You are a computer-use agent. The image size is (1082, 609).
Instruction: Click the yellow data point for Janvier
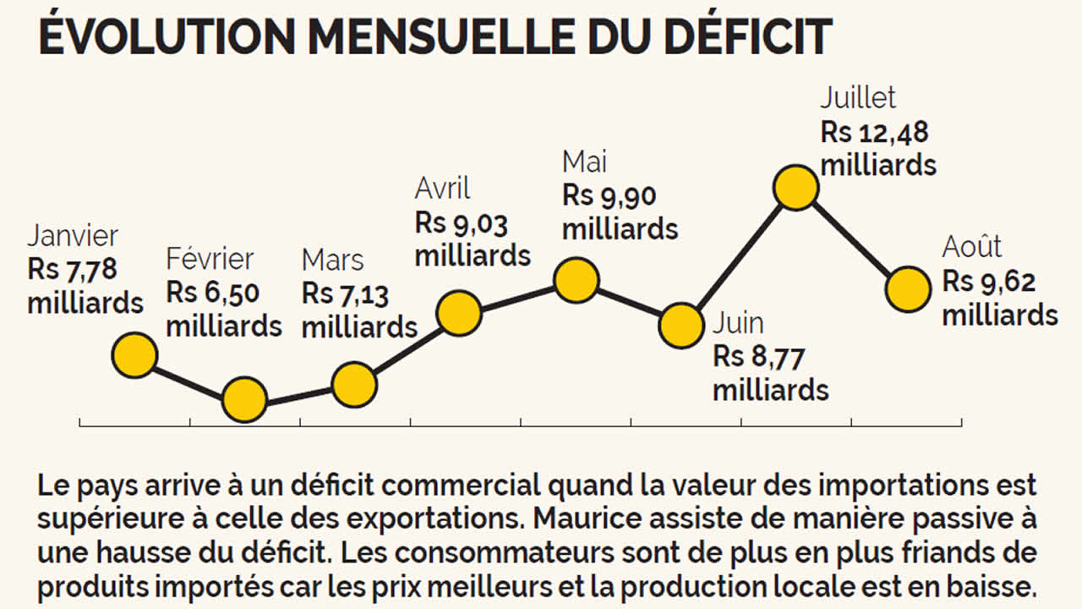tap(134, 354)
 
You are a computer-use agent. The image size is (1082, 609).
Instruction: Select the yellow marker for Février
tap(245, 399)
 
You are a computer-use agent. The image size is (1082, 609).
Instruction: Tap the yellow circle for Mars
tap(354, 385)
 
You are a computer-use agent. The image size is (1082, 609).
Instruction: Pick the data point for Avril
tap(460, 314)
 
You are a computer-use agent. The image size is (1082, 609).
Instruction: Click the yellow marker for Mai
tap(577, 280)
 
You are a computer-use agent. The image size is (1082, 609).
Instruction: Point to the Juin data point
tap(680, 326)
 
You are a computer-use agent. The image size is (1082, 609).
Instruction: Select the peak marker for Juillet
tap(796, 188)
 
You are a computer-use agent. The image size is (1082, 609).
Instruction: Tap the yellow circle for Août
tap(908, 289)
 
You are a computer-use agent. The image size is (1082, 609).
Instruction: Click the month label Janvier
tap(73, 236)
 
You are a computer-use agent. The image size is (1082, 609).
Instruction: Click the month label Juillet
tap(858, 98)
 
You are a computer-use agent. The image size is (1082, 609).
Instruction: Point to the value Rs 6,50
tap(213, 293)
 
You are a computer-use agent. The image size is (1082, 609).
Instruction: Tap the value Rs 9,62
tap(989, 282)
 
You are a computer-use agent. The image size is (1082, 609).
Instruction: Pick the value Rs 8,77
tap(758, 357)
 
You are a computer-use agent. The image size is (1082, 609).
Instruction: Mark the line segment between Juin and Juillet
tap(738, 257)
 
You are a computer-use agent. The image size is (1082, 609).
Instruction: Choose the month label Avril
tap(442, 189)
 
